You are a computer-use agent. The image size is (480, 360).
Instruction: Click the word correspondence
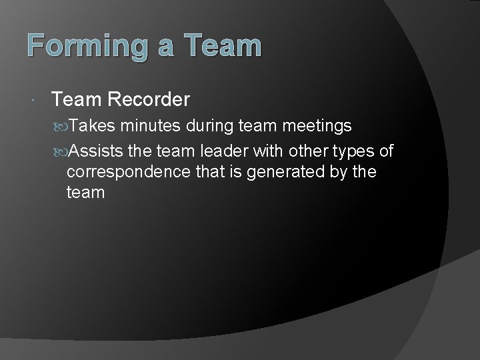pyautogui.click(x=130, y=173)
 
